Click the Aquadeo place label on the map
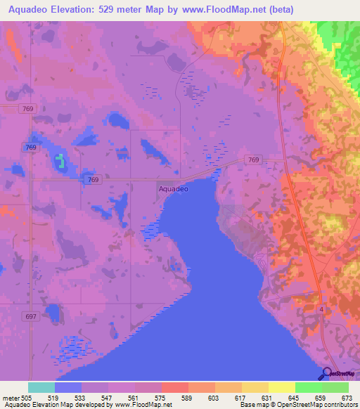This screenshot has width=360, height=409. coord(174,188)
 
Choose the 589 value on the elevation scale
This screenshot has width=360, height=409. coord(187,397)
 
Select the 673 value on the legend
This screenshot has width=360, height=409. coord(347,397)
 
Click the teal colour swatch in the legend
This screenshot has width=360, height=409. coord(41,387)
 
